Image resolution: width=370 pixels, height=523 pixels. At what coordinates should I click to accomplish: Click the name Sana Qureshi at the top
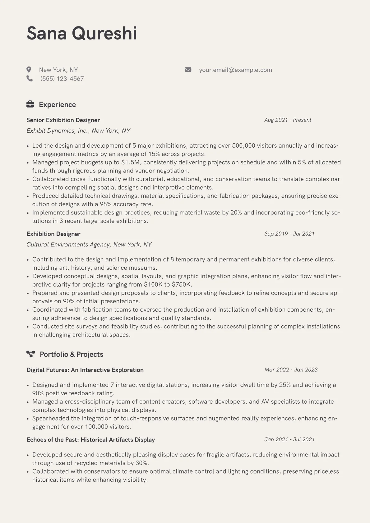tap(81, 33)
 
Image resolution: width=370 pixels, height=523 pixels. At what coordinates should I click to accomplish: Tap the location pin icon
tap(29, 70)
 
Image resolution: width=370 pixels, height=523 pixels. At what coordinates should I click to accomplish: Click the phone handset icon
tap(30, 79)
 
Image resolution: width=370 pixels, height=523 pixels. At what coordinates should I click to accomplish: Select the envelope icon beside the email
tap(188, 70)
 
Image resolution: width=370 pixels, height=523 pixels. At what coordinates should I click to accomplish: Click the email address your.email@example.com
tap(235, 70)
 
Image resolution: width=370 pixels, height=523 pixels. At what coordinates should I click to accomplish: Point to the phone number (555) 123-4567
tap(62, 79)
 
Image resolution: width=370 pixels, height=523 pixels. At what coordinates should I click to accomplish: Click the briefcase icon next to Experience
tap(30, 104)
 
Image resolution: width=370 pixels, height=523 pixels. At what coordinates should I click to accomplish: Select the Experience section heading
tap(57, 105)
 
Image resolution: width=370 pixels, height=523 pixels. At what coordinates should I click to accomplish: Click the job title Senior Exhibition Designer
tap(63, 120)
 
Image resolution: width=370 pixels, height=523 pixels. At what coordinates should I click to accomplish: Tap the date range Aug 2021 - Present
tap(288, 120)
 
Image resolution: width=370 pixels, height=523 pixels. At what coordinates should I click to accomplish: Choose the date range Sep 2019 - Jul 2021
tap(289, 234)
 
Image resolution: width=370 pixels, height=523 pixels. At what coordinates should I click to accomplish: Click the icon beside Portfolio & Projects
tap(30, 354)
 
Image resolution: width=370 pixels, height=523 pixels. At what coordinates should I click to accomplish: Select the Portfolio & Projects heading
tap(72, 354)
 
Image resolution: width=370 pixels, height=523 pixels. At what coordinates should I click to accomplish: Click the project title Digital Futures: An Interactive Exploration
tap(85, 370)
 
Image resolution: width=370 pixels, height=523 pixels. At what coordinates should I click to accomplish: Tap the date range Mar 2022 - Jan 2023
tap(291, 370)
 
